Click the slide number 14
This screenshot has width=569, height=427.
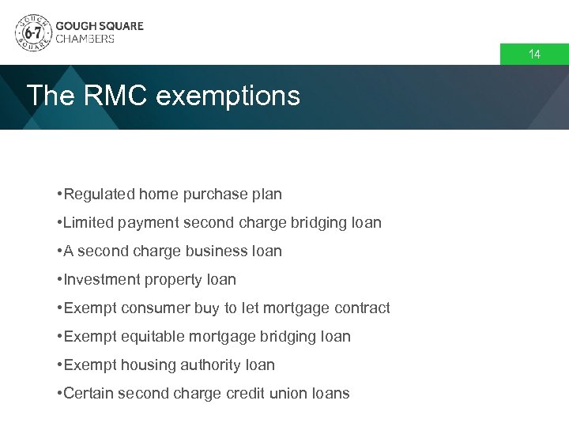click(534, 55)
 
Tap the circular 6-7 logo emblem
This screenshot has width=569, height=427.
click(32, 32)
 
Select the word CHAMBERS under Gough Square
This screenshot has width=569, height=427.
click(85, 39)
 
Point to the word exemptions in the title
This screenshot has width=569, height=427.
click(228, 96)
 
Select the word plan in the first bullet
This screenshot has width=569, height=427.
click(266, 194)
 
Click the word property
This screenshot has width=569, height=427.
click(173, 280)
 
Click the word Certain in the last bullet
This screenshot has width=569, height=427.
click(89, 393)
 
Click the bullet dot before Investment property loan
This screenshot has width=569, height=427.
click(59, 279)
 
